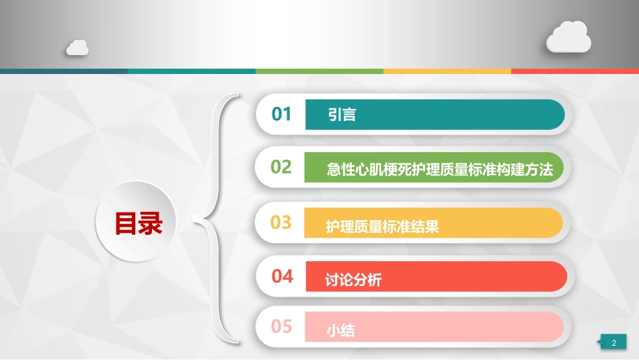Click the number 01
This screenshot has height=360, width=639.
(x=282, y=114)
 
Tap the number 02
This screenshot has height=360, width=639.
(x=281, y=167)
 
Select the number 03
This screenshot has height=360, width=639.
(x=281, y=221)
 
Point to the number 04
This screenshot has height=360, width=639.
(x=283, y=276)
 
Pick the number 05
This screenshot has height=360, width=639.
(x=282, y=326)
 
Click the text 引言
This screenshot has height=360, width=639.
(x=342, y=115)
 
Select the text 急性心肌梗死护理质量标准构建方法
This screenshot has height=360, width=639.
(x=439, y=170)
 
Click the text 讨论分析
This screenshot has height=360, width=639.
(x=353, y=280)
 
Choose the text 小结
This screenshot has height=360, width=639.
(x=340, y=331)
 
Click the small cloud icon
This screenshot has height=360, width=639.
(x=77, y=47)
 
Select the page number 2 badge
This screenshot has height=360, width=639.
(x=613, y=343)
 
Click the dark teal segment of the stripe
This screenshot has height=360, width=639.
(x=64, y=71)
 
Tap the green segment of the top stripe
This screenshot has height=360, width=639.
(x=319, y=71)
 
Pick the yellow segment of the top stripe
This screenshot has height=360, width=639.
(x=447, y=71)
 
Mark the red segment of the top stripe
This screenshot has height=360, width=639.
(x=575, y=71)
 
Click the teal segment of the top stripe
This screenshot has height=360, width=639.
(x=192, y=71)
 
